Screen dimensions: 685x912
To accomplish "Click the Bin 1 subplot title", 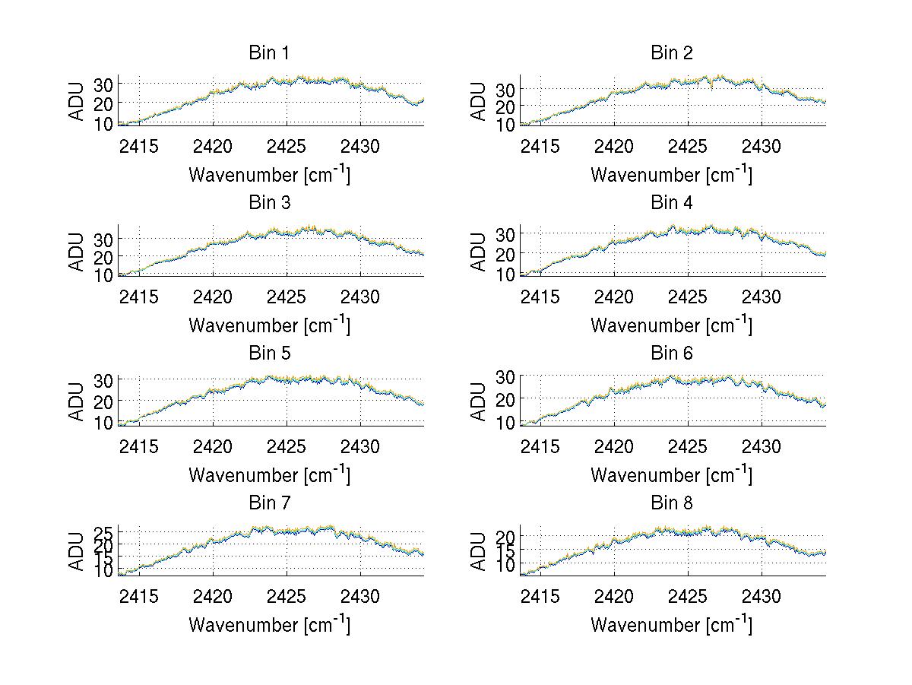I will click(269, 53).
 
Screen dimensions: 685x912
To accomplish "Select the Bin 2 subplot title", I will click(672, 53).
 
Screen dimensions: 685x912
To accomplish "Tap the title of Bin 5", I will click(269, 354).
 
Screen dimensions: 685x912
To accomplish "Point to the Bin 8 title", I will click(672, 503).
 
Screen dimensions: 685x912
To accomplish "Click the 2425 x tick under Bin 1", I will click(287, 146).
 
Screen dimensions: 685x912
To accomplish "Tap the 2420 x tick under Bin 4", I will click(614, 296).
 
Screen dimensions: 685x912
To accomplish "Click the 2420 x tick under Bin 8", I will click(614, 596).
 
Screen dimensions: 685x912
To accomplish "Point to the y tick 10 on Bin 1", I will click(103, 122).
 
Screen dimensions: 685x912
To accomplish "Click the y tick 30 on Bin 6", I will click(505, 376).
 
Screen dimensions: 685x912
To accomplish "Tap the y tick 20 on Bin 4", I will click(505, 253).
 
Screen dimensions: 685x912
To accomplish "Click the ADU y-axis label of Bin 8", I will click(479, 552).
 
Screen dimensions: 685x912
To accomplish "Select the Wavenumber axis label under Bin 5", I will click(269, 475).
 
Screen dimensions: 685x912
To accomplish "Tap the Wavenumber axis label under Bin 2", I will click(671, 175).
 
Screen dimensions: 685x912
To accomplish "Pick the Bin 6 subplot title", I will click(672, 354).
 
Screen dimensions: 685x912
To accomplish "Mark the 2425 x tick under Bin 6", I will click(688, 446).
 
